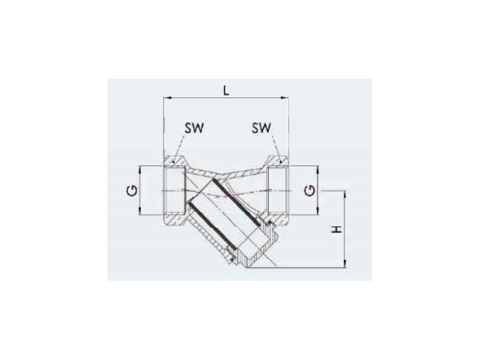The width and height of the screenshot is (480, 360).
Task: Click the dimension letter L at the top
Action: point(226,91)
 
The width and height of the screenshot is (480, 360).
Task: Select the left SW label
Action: point(194,128)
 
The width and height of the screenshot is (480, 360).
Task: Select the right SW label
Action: point(262,128)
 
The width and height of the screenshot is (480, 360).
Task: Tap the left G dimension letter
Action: point(132,191)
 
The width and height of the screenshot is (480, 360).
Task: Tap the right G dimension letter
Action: point(310,191)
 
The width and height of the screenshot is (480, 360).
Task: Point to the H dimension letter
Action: point(337,229)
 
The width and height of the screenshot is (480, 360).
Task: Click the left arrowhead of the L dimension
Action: point(167,98)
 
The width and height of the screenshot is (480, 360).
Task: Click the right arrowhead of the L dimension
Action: point(284,98)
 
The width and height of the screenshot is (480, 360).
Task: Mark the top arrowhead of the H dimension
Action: point(345,194)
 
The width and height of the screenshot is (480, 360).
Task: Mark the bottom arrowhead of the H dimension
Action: point(345,264)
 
